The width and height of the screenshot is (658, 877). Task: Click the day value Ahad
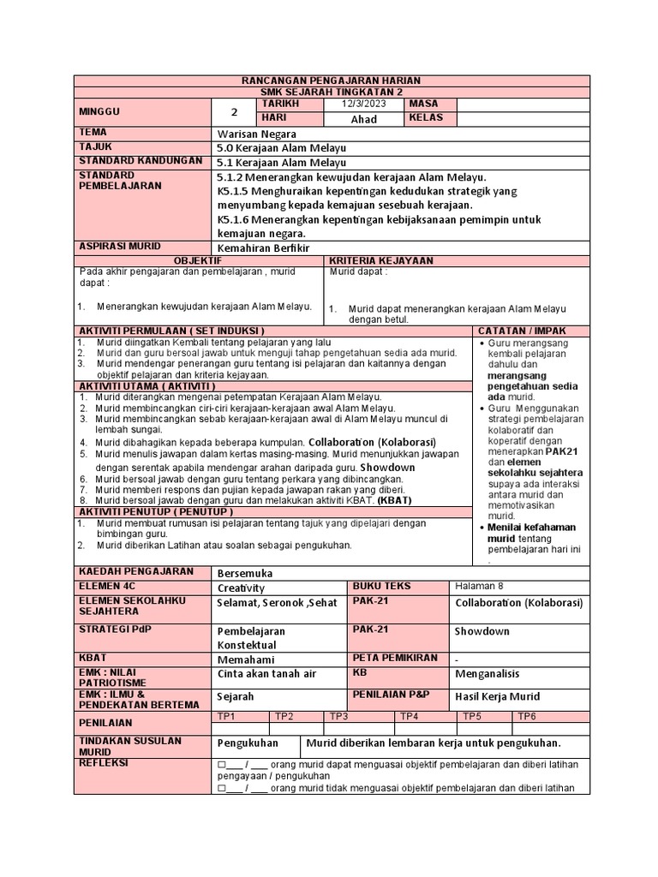(363, 119)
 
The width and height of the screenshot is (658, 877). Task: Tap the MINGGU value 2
(233, 111)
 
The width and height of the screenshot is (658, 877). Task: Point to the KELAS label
(426, 118)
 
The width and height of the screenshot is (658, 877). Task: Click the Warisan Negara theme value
(256, 134)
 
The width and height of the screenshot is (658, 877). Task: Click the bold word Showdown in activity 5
(387, 467)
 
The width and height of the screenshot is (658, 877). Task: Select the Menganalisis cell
(486, 674)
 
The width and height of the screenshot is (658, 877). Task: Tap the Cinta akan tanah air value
(266, 674)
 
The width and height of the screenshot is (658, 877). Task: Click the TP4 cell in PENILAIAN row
(409, 716)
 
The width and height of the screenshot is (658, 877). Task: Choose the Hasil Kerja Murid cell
(497, 696)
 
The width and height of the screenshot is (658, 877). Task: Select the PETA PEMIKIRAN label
(393, 658)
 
